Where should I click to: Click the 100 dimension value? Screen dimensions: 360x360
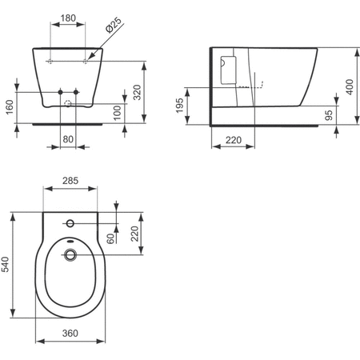tap(117, 112)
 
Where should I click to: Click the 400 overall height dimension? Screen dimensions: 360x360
tap(350, 86)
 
